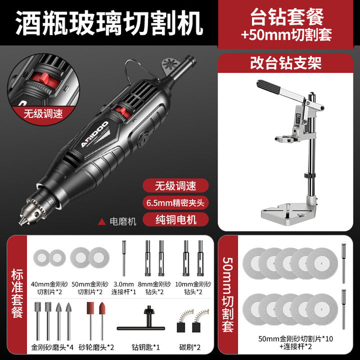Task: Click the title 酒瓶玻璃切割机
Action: coord(109,23)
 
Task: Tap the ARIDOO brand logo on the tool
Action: coord(94,134)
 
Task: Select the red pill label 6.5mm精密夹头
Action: coord(175,202)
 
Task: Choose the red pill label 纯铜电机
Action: coord(175,219)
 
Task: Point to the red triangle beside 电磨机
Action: coord(101,221)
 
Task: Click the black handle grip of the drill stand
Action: coord(268,86)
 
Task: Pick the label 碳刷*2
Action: coord(189,347)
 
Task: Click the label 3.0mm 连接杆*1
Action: coord(123,288)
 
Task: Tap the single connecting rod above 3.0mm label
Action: coord(124,258)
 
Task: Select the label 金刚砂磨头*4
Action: coord(52,347)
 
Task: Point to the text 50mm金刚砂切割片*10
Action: coord(295,338)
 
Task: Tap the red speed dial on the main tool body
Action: coord(122,112)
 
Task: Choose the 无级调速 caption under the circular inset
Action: coord(43,113)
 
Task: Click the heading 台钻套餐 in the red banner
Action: coord(287,17)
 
